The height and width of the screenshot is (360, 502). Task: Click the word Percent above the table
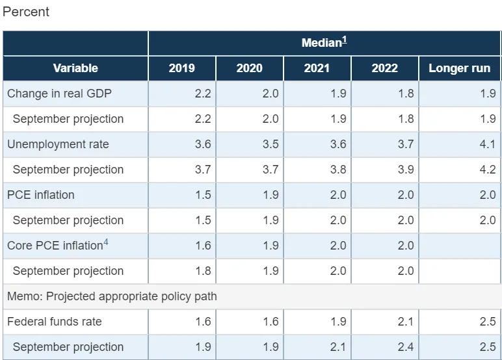pos(25,12)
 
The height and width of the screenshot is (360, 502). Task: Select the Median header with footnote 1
pos(324,42)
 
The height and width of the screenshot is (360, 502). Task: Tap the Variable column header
pos(75,68)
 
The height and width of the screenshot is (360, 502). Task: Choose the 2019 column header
pos(182,68)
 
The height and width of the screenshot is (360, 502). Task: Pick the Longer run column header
pos(460,68)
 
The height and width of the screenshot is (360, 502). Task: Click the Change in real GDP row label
pos(59,94)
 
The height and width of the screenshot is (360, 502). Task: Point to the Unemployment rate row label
pos(58,144)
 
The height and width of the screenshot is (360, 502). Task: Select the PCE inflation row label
pos(41,194)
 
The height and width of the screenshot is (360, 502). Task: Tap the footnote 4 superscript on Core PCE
pos(105,242)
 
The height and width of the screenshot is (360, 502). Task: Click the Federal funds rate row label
pos(55,321)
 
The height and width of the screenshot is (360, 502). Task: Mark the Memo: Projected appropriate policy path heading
pos(112,296)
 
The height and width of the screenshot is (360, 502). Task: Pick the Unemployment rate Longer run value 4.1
pos(488,144)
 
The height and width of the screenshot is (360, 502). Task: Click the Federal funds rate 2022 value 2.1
pos(406,321)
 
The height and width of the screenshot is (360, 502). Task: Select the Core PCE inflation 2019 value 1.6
pos(203,246)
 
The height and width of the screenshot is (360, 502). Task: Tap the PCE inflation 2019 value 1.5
pos(203,194)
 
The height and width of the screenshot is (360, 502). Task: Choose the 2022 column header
pos(384,68)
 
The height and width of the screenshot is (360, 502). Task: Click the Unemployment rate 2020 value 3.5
pos(271,144)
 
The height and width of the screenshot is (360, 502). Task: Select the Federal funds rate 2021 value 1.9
pos(338,321)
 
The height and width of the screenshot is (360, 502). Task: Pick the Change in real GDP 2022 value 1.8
pos(406,94)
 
